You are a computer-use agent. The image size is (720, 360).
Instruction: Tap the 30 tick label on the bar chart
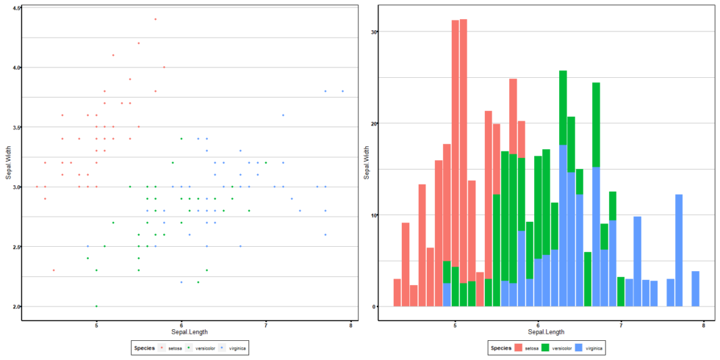pos(373,32)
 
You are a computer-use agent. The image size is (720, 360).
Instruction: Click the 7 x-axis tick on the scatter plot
pos(266,325)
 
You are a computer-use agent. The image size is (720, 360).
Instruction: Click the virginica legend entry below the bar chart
pos(591,348)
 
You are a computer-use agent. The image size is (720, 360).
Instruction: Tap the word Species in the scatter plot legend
pos(143,348)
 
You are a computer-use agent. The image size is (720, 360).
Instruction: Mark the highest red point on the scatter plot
pos(155,19)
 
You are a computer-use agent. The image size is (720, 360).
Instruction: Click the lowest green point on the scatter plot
pos(96,306)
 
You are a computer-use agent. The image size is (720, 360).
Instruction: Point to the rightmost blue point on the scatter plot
pos(342,91)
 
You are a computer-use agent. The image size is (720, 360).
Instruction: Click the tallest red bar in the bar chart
pos(464,147)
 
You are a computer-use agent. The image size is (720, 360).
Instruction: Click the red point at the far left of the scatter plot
pos(37,187)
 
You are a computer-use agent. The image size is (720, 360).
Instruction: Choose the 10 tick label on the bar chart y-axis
pos(373,215)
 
